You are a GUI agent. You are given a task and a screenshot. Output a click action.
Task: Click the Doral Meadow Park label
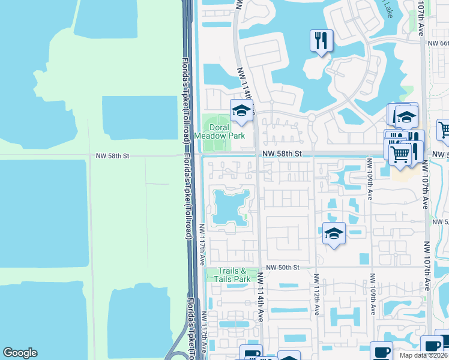pos(228,131)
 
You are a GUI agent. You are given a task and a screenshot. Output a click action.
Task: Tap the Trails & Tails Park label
pos(234,275)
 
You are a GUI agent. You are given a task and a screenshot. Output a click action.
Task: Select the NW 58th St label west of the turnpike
pos(112,155)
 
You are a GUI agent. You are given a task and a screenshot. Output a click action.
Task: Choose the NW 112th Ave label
pos(316,294)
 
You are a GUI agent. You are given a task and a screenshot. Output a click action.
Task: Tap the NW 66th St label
pos(438,43)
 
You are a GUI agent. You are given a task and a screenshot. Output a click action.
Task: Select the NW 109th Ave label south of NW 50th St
pos(372,294)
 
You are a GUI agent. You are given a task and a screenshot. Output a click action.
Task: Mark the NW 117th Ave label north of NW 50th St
pos(203,245)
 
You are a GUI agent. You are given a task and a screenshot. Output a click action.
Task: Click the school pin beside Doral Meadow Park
pos(242,110)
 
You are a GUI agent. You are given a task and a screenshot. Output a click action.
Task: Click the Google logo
pos(20,353)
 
